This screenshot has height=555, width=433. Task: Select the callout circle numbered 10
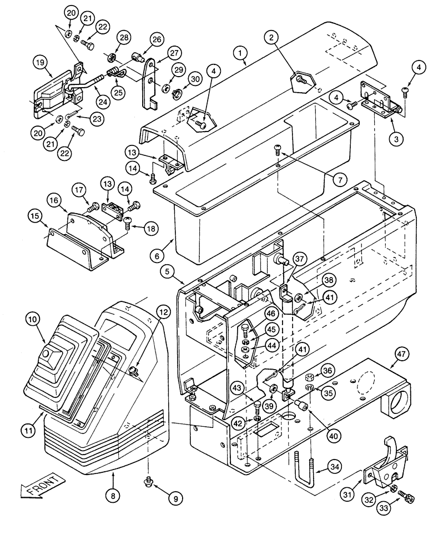pos(33,320)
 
